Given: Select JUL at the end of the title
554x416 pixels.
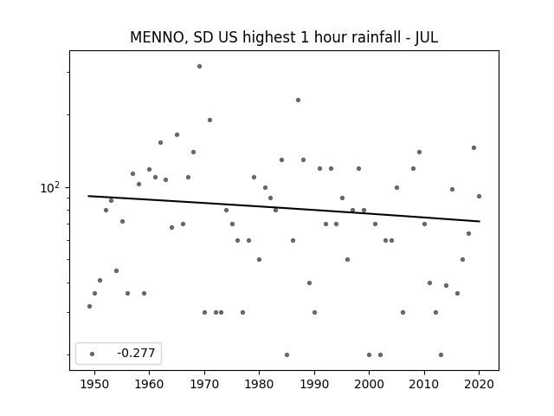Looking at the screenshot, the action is coord(427,37).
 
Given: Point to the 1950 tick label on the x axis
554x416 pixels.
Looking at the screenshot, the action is coord(94,384).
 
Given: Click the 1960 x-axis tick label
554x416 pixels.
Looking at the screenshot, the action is coord(149,384).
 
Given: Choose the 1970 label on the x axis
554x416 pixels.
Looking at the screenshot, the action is coord(204,384).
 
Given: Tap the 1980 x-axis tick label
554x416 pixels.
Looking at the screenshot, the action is coord(259,384).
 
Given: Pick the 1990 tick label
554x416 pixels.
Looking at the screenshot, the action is coord(314,384).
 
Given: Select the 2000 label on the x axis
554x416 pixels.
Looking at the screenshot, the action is coord(370,384).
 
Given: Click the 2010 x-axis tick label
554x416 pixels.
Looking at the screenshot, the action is coord(424,384).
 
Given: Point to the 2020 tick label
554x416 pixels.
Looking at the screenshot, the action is coord(479,384).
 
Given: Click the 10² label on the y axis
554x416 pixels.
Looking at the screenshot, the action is coord(49,187).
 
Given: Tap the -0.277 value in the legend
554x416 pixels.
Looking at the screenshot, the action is coord(136,353).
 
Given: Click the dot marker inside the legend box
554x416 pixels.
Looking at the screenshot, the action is coord(93,354).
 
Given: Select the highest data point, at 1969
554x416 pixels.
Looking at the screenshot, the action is coord(199,66).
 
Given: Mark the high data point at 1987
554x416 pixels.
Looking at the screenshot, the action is coord(298,101).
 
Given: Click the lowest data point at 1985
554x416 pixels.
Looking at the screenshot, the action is coord(287,354).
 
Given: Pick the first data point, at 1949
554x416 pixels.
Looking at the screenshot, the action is coord(89,306).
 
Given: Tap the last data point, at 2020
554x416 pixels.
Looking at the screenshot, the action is coord(479,197).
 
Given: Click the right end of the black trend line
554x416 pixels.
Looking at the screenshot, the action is coord(480,222).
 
